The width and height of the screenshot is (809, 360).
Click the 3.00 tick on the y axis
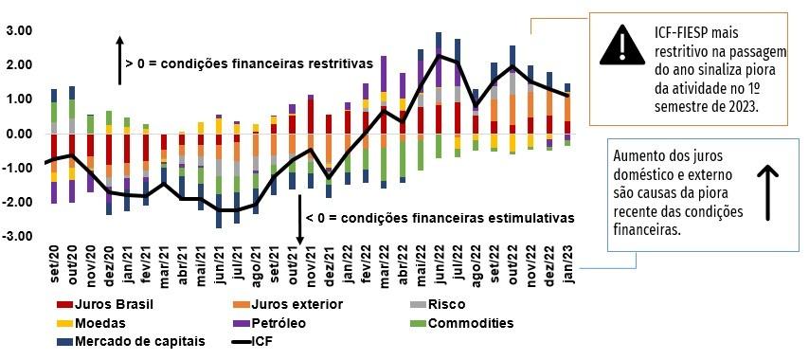tap(20, 31)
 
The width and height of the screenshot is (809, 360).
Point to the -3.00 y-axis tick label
tap(18, 236)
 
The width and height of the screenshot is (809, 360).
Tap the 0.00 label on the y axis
tap(20, 134)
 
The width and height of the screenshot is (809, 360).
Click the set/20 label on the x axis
tap(55, 261)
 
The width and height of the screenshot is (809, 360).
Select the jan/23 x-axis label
tap(567, 261)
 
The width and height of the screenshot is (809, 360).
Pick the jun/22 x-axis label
tap(440, 261)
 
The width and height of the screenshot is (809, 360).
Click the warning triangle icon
tap(621, 45)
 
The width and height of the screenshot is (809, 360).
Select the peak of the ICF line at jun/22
tap(439, 56)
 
